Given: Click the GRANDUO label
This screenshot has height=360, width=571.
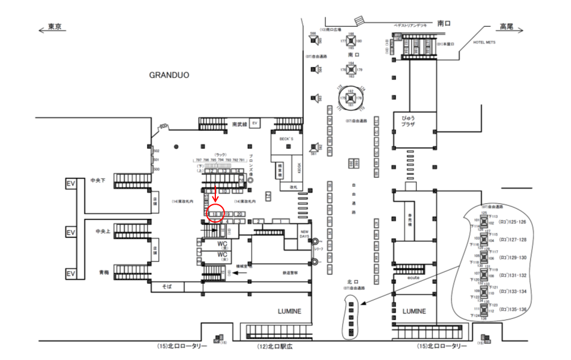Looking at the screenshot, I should (169, 76).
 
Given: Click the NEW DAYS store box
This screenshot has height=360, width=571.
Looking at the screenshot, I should (305, 234).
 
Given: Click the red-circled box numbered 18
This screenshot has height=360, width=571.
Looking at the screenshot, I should (215, 214).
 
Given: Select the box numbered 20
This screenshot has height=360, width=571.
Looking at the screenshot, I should (239, 214).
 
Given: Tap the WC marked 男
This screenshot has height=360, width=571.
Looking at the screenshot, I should (222, 245).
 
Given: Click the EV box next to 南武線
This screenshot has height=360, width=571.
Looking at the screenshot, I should (255, 123).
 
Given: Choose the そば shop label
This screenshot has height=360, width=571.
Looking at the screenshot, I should (167, 287).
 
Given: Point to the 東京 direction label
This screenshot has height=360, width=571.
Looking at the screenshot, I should (55, 27).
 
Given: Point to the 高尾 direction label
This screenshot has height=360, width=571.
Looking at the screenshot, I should (507, 27).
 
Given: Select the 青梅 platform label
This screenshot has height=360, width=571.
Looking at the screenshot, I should (103, 272).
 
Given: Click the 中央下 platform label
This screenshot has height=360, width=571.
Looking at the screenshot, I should (98, 180).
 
